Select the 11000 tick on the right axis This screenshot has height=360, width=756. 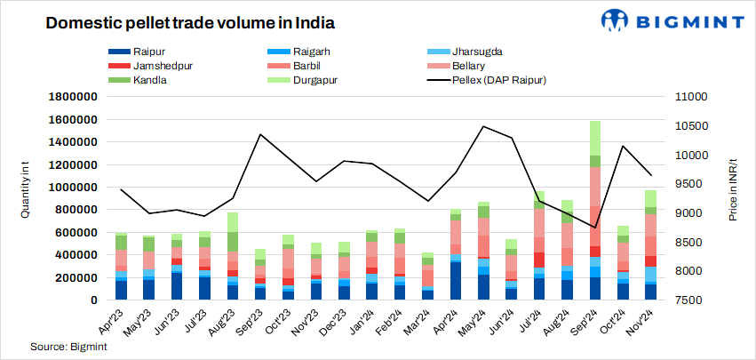(x=690, y=97)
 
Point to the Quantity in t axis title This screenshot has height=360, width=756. (x=26, y=198)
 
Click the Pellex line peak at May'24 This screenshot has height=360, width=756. (x=482, y=126)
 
